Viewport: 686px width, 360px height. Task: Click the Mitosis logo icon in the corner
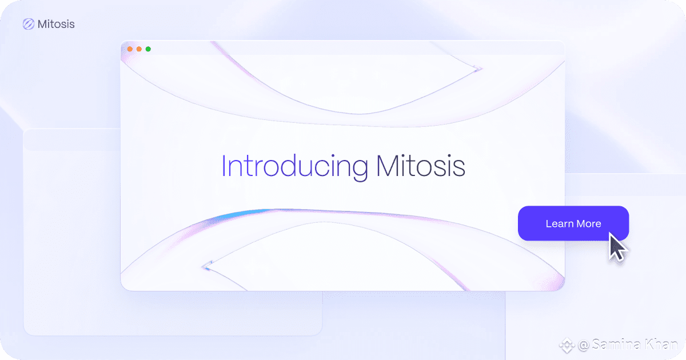(29, 24)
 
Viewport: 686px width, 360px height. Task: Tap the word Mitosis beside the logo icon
(56, 24)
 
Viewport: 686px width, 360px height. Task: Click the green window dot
(148, 49)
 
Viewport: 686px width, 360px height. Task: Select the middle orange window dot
(139, 49)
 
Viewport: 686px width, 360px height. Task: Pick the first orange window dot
(130, 49)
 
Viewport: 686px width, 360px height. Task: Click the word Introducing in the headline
(295, 168)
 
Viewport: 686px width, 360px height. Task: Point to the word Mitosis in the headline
(421, 166)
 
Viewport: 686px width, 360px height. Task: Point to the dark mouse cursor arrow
(616, 247)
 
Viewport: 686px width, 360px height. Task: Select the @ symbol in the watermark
(584, 345)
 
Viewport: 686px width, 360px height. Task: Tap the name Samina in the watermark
(616, 345)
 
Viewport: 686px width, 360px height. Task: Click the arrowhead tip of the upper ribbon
(481, 69)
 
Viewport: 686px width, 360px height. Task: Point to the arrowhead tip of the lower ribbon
(203, 267)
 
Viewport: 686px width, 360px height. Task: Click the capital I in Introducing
(224, 166)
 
